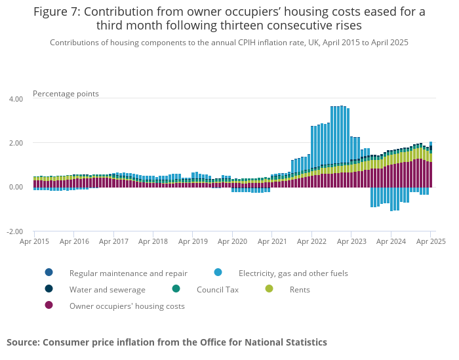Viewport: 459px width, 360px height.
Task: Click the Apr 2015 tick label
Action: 34,241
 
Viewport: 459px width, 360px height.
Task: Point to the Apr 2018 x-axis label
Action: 153,241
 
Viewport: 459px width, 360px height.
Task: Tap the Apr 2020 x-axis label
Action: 231,241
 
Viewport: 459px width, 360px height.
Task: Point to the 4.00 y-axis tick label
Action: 15,99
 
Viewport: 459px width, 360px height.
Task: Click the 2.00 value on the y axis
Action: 15,143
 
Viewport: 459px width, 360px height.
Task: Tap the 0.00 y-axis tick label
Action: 15,187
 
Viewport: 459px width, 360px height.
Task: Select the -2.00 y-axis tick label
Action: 14,231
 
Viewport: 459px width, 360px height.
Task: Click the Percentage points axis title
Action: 66,94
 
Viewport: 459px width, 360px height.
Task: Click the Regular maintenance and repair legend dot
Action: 49,272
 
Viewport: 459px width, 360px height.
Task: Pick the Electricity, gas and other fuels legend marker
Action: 218,272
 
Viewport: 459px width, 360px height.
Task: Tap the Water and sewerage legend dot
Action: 49,289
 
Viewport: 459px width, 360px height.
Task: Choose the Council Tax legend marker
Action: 176,289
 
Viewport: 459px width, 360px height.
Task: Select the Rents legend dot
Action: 269,289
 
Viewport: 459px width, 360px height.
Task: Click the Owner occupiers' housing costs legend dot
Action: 49,305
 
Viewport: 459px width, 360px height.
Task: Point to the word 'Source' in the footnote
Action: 22,342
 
